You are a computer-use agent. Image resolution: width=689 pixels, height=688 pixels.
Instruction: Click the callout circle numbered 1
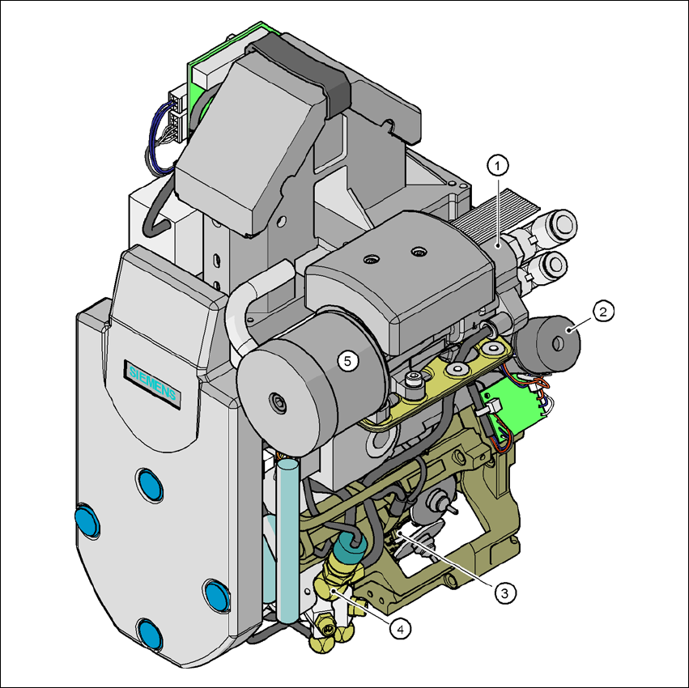(497, 166)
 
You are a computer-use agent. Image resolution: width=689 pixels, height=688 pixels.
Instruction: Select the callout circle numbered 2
(603, 311)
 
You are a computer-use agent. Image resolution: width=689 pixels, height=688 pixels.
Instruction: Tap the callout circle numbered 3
(505, 593)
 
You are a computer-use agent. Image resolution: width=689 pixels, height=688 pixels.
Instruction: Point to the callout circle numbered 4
(400, 629)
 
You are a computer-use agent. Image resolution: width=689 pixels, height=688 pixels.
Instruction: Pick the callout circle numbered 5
(348, 361)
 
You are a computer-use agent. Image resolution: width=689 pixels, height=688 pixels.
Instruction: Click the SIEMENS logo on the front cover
(152, 384)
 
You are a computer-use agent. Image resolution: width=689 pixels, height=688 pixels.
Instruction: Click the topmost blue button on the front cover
(151, 485)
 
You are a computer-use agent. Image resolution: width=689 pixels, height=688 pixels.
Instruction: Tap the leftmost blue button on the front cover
(87, 520)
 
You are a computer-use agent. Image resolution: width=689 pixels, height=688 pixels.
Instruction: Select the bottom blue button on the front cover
(150, 635)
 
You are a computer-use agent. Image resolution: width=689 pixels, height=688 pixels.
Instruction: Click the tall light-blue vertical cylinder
(288, 541)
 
